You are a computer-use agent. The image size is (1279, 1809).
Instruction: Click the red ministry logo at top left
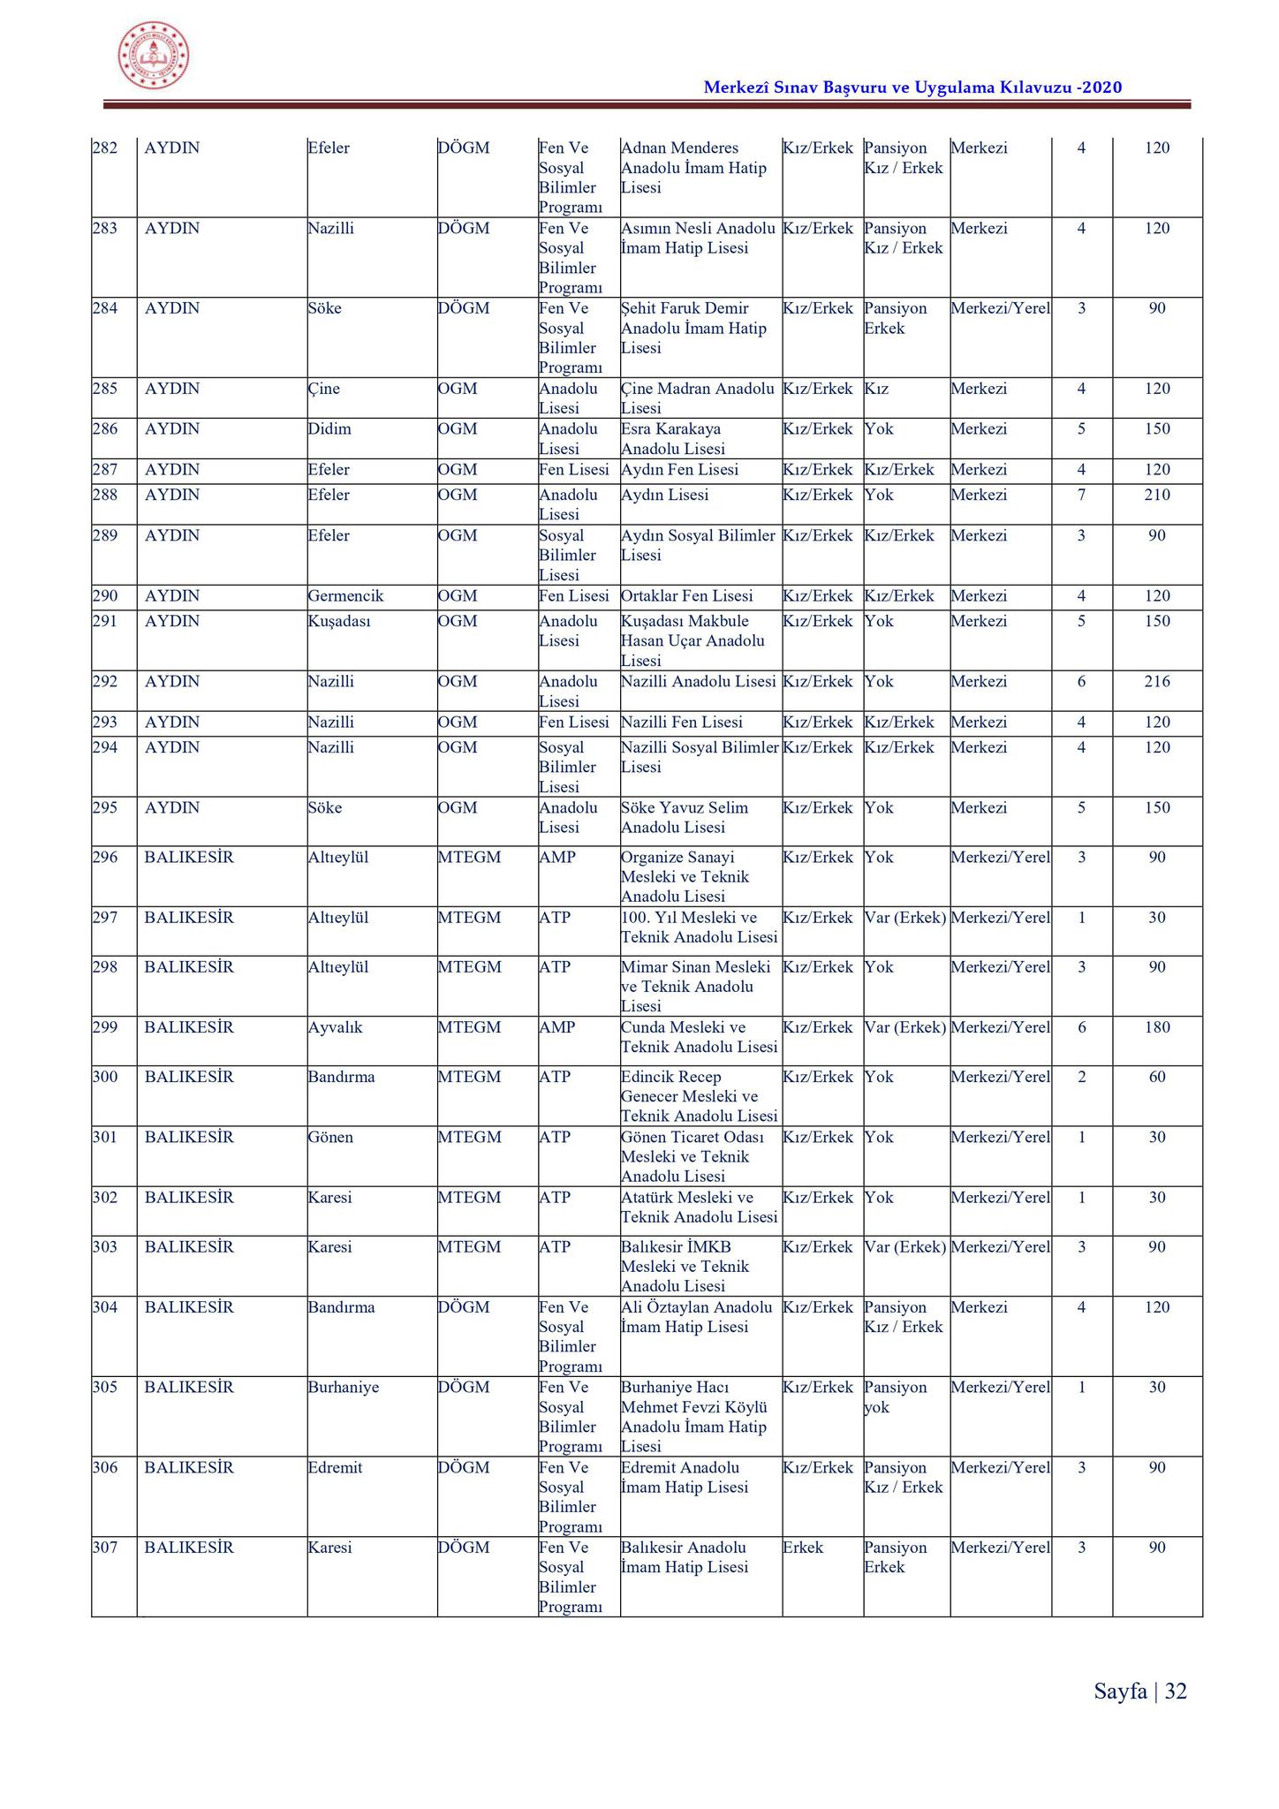(x=154, y=56)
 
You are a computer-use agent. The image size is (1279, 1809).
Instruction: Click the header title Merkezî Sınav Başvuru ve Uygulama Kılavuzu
(x=912, y=87)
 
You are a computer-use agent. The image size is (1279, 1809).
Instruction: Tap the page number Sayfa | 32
(x=1140, y=1691)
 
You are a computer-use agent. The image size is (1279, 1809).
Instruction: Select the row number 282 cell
(x=105, y=148)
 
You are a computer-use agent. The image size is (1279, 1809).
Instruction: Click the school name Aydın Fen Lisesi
(x=679, y=470)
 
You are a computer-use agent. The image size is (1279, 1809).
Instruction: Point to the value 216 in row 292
(x=1156, y=682)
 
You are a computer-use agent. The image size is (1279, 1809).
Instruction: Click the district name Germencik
(x=345, y=596)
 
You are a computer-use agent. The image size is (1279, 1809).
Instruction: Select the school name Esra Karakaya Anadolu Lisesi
(x=672, y=439)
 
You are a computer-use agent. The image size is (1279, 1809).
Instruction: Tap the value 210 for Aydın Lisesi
(x=1156, y=496)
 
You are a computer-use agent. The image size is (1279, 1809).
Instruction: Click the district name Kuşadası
(x=339, y=622)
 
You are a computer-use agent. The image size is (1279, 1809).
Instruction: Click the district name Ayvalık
(x=335, y=1028)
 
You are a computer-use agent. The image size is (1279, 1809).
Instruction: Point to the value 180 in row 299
(x=1156, y=1028)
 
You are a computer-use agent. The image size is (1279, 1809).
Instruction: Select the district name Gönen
(x=330, y=1138)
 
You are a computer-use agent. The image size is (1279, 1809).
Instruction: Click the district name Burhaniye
(x=343, y=1388)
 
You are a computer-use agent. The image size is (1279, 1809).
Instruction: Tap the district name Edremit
(x=335, y=1468)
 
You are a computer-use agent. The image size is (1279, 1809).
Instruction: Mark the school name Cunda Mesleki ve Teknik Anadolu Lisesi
(x=699, y=1038)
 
